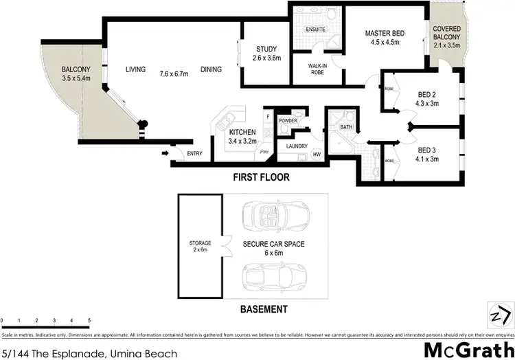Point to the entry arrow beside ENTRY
165,153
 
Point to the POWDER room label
287,121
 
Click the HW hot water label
317,154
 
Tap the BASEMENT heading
264,310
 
